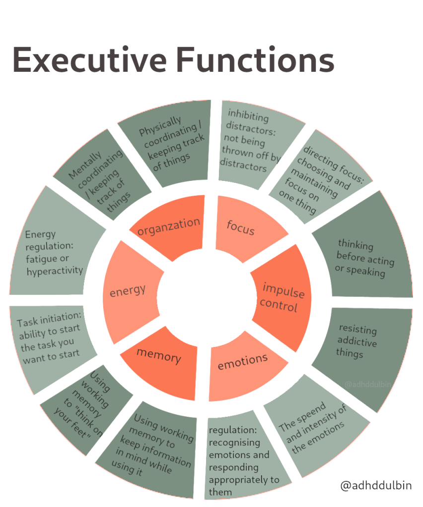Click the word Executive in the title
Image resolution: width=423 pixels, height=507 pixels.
point(89,60)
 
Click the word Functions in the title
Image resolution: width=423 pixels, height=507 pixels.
point(255,60)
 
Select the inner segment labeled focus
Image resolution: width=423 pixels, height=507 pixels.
point(241,228)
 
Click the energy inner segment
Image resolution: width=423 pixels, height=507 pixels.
point(128,291)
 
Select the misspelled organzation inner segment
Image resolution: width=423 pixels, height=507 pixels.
point(169,227)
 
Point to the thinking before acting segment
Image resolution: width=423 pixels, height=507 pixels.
point(365,257)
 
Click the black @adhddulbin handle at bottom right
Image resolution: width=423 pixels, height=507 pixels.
point(376,486)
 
